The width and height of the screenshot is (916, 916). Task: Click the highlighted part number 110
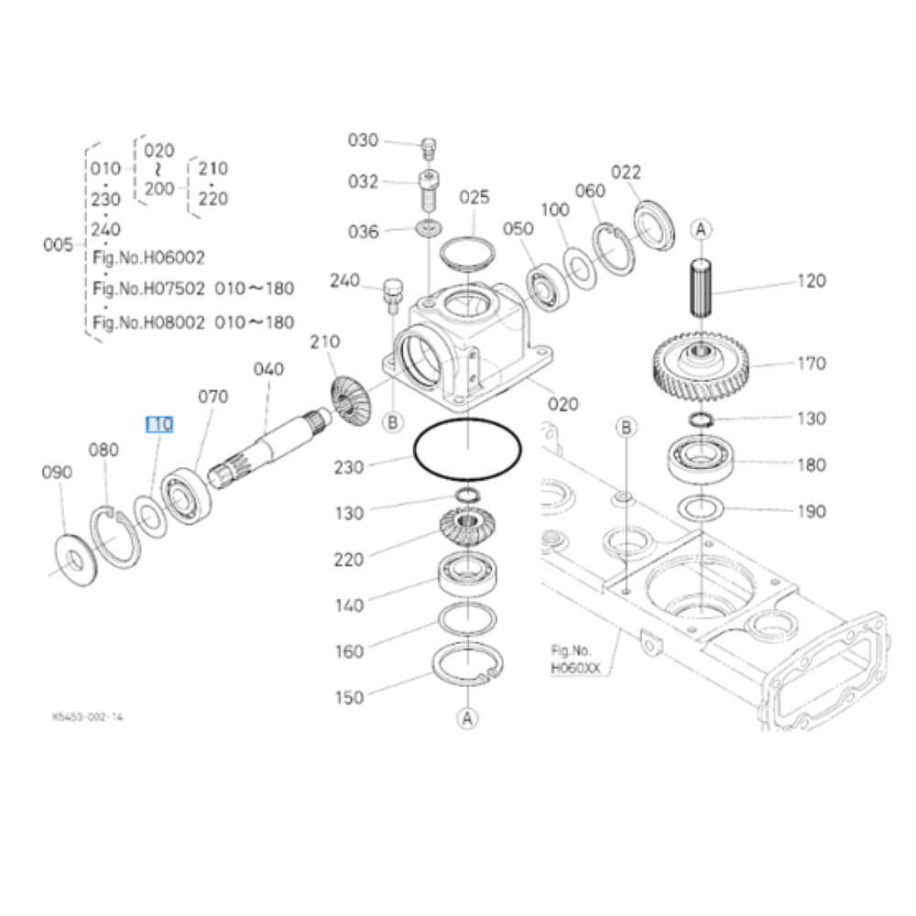coord(159,424)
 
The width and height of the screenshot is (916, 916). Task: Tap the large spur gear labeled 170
coord(701,366)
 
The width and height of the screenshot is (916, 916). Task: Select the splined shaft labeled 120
coord(702,288)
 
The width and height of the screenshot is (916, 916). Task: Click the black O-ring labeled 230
coord(467,449)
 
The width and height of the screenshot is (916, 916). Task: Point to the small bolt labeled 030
coord(430,148)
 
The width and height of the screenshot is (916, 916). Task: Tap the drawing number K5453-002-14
coord(88,717)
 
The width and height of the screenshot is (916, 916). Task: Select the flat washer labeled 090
coord(76,561)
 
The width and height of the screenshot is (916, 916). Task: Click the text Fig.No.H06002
coord(149,257)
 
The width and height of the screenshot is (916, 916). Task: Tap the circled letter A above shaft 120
coord(701,229)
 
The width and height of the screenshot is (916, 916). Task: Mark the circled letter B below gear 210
coord(393,422)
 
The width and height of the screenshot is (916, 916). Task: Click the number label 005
coord(58,245)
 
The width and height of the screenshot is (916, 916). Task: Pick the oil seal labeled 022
coord(655,225)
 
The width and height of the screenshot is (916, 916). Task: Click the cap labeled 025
coord(467,254)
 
